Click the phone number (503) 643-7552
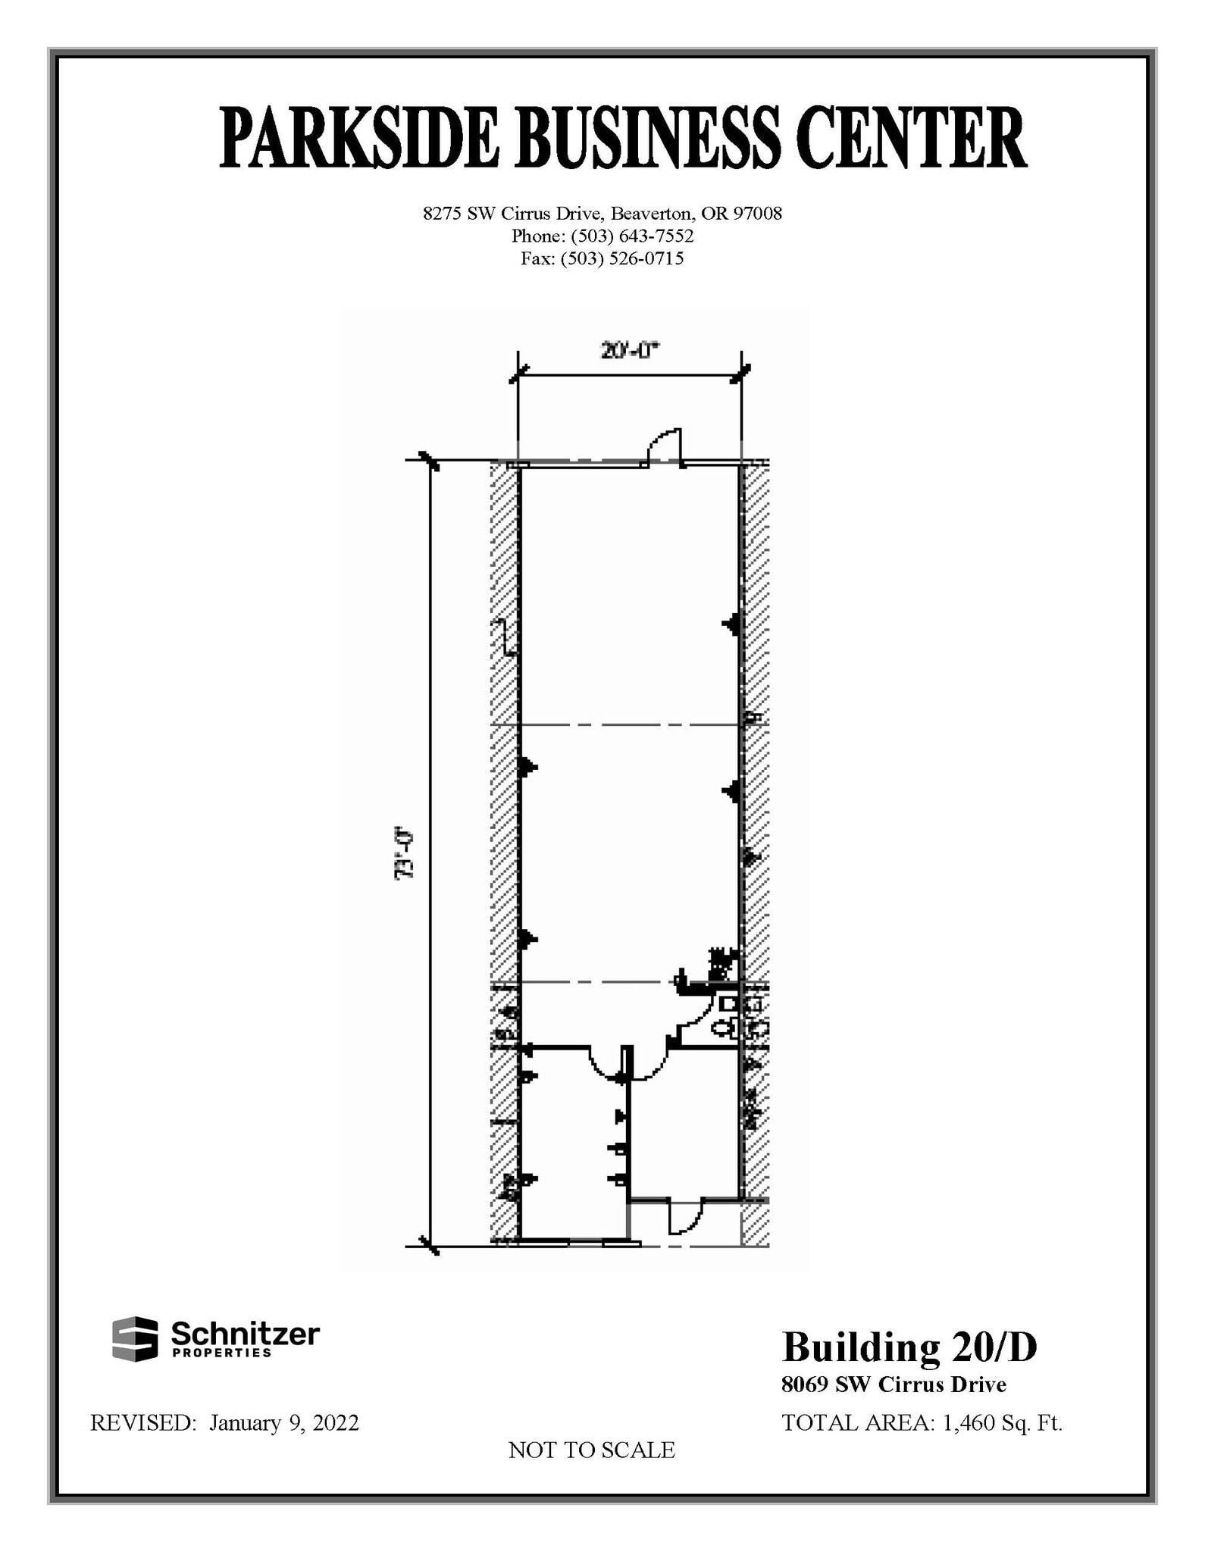click(x=632, y=236)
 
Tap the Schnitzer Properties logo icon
click(x=135, y=1338)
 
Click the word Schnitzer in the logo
click(x=245, y=1333)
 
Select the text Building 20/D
click(x=909, y=1347)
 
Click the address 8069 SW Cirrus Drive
click(x=894, y=1385)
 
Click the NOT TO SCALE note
click(x=591, y=1450)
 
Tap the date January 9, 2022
click(x=284, y=1422)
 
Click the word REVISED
click(x=143, y=1422)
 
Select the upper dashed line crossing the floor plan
click(x=629, y=725)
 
